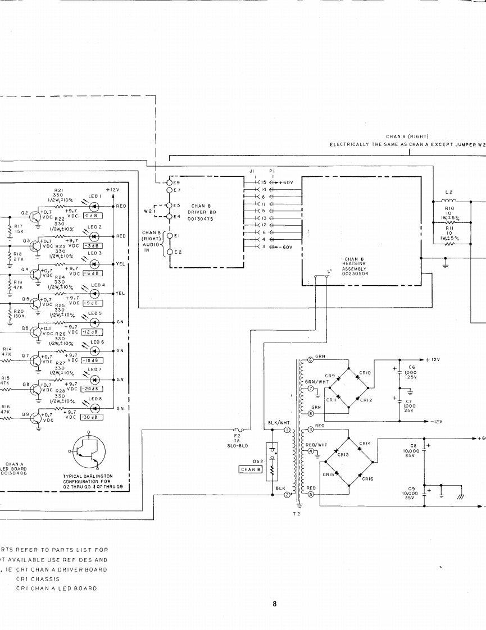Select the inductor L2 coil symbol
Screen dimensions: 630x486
[x=449, y=200]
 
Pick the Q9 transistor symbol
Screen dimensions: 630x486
[x=38, y=417]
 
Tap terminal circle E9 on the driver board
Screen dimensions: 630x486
[x=167, y=183]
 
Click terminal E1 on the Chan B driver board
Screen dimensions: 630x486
[x=167, y=235]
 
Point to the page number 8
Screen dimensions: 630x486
[x=275, y=604]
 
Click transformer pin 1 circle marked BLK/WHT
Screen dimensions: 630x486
[x=287, y=430]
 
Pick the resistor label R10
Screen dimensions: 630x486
[x=449, y=209]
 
